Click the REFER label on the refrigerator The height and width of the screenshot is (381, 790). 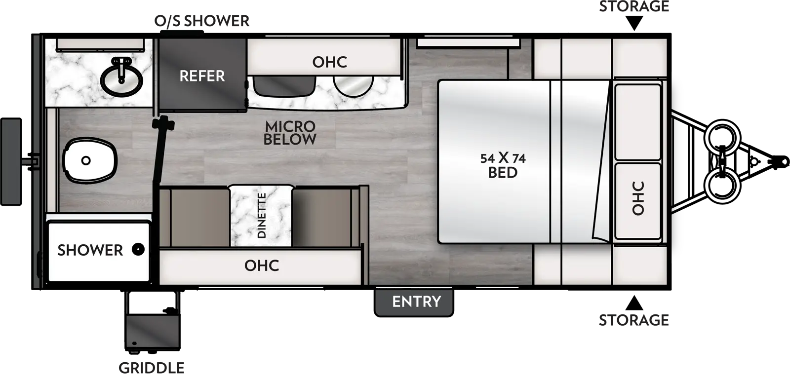pyautogui.click(x=202, y=76)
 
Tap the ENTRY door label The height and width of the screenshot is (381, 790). pyautogui.click(x=416, y=302)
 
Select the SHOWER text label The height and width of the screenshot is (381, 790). pyautogui.click(x=90, y=250)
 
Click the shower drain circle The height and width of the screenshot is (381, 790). pyautogui.click(x=139, y=250)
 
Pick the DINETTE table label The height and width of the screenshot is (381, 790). pyautogui.click(x=262, y=216)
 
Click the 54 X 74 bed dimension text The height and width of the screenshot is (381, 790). pyautogui.click(x=503, y=158)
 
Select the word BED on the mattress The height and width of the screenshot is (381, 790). pyautogui.click(x=503, y=173)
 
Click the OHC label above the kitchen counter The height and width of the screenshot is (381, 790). pyautogui.click(x=329, y=62)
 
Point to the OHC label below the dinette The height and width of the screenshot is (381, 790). pyautogui.click(x=262, y=266)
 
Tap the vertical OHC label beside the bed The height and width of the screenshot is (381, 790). pyautogui.click(x=638, y=198)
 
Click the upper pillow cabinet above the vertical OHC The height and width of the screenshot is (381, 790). pyautogui.click(x=637, y=121)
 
